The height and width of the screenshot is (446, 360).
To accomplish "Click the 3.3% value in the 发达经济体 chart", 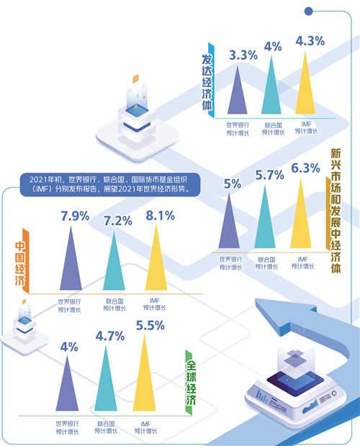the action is point(243,55).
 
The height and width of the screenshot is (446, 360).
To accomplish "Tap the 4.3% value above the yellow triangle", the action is point(310,41).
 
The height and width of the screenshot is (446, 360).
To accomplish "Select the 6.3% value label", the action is point(305,168).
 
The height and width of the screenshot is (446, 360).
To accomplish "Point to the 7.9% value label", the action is point(75,217).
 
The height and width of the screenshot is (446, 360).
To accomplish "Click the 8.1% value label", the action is point(160,216).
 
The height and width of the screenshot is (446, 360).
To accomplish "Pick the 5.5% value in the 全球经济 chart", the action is point(150,326).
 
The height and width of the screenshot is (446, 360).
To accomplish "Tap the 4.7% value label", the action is point(110,336).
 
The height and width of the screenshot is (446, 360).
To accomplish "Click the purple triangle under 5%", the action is point(229,221).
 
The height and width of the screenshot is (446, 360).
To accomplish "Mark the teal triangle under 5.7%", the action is point(265,217).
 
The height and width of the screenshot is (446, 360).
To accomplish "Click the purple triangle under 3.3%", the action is point(238,89).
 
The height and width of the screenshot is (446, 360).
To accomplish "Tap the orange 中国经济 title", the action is point(20,263).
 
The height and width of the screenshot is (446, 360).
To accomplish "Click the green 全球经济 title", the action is point(191,382).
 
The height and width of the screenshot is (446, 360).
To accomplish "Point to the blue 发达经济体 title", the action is point(207,81).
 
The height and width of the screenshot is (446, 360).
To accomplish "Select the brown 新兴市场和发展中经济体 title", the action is point(336,211).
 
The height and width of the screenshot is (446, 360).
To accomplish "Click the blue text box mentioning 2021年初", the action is point(110,184).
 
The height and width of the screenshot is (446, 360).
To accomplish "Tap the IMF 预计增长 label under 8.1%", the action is point(155,304).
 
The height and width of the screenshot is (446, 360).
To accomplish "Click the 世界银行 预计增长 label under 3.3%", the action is point(238,129).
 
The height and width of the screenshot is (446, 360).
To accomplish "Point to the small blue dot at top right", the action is point(308,12).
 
